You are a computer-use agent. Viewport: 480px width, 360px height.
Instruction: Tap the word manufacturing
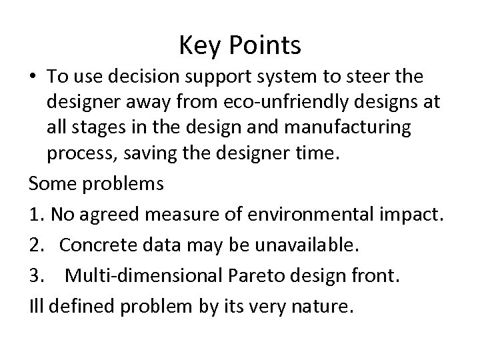click(361, 127)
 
